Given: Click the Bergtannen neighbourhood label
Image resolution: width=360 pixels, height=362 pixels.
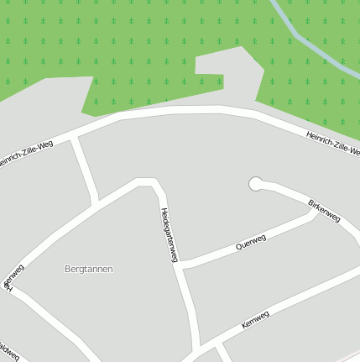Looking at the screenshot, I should [88, 269].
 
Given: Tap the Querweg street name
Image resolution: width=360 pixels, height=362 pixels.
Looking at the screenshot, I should [251, 242].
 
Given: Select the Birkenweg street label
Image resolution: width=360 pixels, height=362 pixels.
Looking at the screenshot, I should [324, 210].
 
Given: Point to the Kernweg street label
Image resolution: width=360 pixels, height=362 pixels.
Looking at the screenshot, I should [254, 320].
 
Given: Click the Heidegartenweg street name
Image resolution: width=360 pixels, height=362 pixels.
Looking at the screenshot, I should [169, 235].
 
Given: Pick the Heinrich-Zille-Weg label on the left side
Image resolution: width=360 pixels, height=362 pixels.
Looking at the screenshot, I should [25, 154].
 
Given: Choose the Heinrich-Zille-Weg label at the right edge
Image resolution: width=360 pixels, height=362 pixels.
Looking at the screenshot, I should [332, 142].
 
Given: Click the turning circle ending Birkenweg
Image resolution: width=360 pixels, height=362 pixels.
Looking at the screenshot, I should [256, 183].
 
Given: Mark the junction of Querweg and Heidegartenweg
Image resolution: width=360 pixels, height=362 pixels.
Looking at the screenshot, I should [181, 265].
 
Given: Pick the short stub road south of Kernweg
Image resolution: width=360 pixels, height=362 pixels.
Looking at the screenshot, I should [224, 353].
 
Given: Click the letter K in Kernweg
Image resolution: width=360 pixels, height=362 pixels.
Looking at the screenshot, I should [243, 326].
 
